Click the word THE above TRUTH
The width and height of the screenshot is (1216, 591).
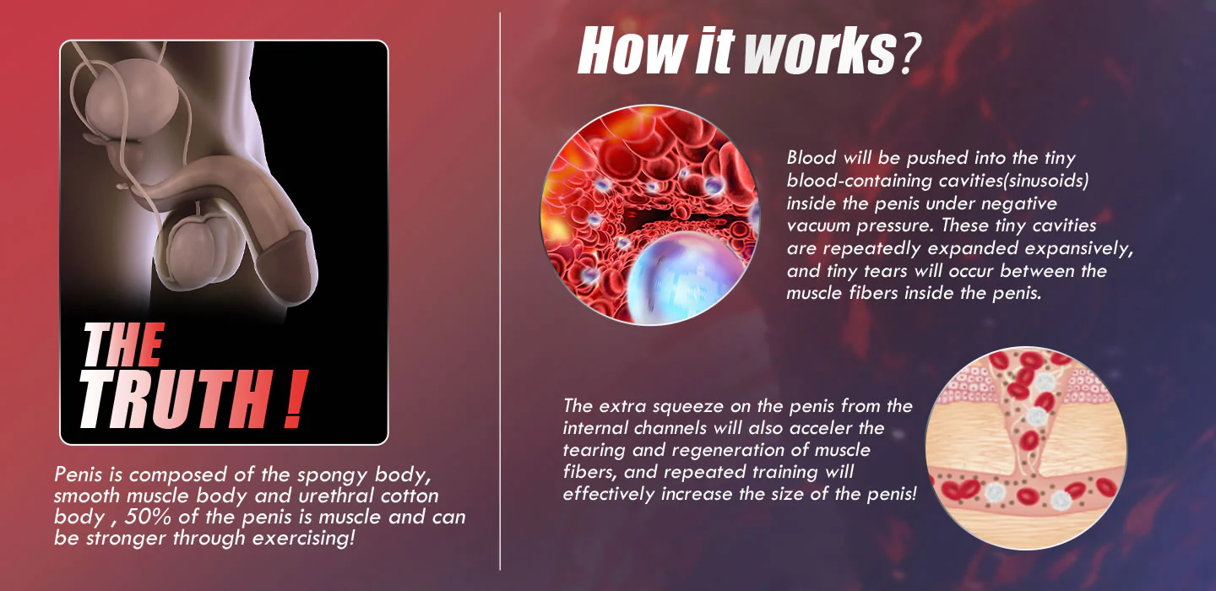(x=123, y=344)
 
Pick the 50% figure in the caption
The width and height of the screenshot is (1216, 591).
(x=147, y=517)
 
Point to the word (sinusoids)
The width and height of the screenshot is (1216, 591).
(x=1045, y=181)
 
